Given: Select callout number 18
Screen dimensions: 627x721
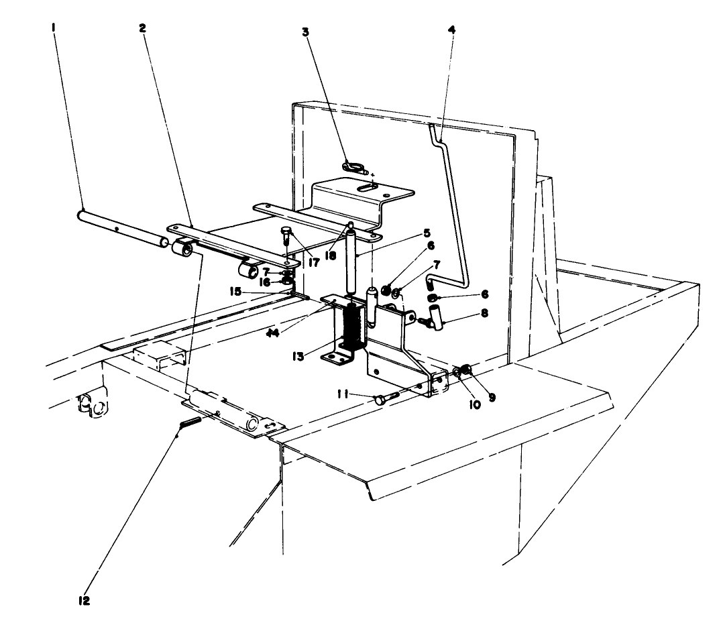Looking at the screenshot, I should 331,237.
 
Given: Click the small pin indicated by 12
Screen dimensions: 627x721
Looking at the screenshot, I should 190,424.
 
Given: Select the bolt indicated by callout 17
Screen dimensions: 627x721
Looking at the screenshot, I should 284,237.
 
